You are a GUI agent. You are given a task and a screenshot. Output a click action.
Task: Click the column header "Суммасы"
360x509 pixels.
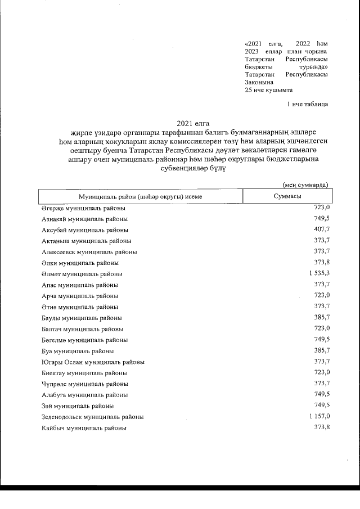(286, 196)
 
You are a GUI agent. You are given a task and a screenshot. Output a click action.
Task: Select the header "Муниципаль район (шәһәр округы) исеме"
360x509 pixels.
(140, 196)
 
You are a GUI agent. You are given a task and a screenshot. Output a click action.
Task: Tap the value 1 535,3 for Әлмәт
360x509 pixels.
(318, 274)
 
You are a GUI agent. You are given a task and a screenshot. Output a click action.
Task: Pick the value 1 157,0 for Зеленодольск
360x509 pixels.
(318, 417)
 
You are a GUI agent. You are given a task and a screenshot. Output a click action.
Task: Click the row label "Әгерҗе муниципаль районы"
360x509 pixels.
(83, 208)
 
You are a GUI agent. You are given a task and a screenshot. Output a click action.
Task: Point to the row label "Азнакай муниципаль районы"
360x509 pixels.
(84, 219)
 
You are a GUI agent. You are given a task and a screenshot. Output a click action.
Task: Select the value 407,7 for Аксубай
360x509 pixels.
(321, 230)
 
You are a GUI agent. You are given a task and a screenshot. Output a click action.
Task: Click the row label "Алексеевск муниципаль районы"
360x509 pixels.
(89, 252)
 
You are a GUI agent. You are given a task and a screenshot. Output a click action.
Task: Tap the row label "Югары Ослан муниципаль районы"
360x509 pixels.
(93, 362)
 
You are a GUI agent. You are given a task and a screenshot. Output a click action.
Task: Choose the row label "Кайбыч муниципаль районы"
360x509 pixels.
(84, 428)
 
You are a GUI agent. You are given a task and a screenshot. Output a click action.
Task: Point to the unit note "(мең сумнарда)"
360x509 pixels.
(305, 184)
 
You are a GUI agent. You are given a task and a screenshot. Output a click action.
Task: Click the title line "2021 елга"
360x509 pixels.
(193, 123)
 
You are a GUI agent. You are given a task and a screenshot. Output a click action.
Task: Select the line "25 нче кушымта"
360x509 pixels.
(269, 90)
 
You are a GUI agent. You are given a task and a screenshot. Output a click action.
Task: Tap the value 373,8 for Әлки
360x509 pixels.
(321, 263)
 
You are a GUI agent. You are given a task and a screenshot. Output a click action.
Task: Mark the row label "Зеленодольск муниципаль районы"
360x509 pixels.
(92, 417)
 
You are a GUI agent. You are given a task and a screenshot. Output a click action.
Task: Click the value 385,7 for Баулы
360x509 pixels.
(321, 318)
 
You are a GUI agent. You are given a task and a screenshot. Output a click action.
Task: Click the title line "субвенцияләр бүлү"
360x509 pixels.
(193, 168)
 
